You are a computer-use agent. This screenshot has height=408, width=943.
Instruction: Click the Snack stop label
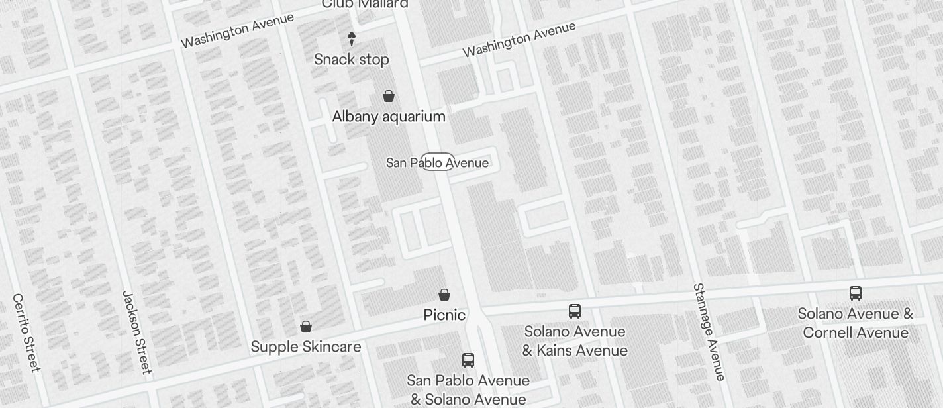(x=352, y=60)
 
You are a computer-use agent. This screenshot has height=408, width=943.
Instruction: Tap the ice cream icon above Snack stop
(x=352, y=39)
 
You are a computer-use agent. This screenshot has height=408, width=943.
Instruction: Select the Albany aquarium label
(x=389, y=117)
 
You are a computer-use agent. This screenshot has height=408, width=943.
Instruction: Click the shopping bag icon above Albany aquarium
(x=389, y=96)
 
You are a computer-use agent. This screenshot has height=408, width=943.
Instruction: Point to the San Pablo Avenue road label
(x=438, y=162)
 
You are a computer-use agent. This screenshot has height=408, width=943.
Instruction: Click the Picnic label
(x=444, y=315)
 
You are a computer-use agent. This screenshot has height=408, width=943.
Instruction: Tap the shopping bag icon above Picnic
(x=444, y=294)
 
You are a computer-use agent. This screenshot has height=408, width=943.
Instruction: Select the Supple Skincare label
(x=306, y=347)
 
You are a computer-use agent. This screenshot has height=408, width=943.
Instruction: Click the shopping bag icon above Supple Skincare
(x=306, y=326)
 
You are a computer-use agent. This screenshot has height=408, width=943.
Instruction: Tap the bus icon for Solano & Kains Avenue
(x=575, y=311)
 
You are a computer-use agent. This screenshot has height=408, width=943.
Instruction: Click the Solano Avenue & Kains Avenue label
(x=575, y=340)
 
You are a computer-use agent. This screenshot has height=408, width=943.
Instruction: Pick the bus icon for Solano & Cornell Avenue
(x=856, y=293)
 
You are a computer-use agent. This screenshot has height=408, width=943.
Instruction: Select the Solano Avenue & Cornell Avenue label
(x=856, y=323)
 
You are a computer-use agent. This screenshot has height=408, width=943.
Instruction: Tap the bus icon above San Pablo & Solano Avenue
(x=468, y=360)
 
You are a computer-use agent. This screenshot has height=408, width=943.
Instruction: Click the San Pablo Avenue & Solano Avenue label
(x=468, y=390)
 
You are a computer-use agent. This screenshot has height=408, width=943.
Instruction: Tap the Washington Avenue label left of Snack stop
(x=237, y=30)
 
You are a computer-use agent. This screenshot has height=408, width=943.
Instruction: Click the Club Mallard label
(x=365, y=4)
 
